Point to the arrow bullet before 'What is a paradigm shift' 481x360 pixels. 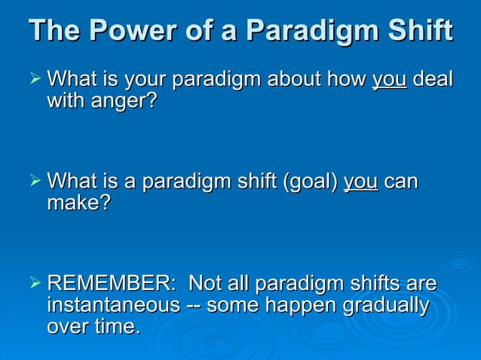(x=33, y=182)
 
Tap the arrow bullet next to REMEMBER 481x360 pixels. (x=33, y=285)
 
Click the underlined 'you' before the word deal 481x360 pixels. (x=389, y=80)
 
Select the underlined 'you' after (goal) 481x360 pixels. (x=360, y=183)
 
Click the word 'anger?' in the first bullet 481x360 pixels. (x=124, y=101)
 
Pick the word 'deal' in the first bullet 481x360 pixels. (x=434, y=78)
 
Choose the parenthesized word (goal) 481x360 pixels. (x=308, y=183)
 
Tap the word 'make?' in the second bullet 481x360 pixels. (x=78, y=204)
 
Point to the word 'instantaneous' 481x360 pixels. (x=113, y=306)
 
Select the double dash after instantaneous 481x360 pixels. (x=192, y=307)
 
